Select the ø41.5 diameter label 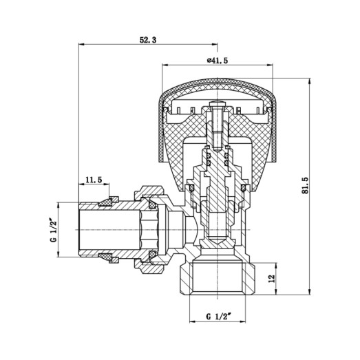pyautogui.click(x=217, y=61)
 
